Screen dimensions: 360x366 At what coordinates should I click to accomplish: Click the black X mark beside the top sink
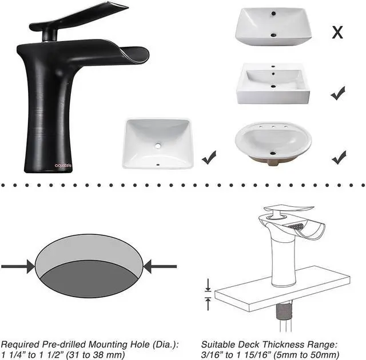click(x=338, y=32)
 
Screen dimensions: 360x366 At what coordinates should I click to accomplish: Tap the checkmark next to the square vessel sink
click(x=338, y=93)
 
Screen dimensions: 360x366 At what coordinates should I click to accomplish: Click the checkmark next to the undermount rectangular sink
click(x=209, y=155)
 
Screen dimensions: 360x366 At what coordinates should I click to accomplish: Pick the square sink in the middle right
click(x=273, y=84)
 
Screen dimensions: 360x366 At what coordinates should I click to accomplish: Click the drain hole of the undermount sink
click(x=158, y=146)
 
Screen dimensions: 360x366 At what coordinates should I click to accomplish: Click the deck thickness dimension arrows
click(x=208, y=293)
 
